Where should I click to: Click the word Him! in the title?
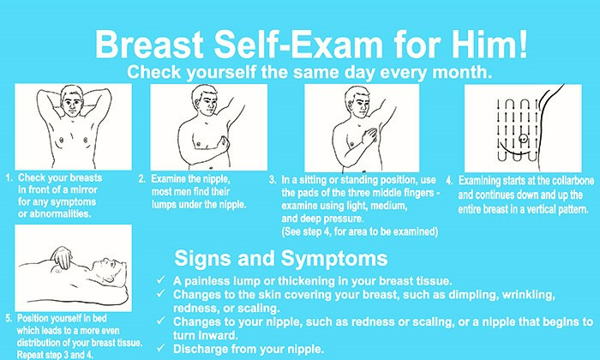click(x=489, y=45)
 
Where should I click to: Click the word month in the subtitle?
click(x=459, y=72)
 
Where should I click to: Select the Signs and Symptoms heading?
click(x=281, y=258)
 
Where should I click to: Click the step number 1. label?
click(x=9, y=178)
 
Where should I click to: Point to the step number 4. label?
click(x=449, y=181)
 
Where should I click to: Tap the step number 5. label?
click(x=9, y=318)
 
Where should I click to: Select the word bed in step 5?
click(x=99, y=318)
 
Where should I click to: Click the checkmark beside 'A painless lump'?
click(x=161, y=279)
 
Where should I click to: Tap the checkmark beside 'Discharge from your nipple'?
click(x=161, y=348)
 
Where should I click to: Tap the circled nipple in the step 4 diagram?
click(x=523, y=138)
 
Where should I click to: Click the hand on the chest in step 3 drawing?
click(x=369, y=136)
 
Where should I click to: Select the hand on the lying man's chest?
click(x=62, y=256)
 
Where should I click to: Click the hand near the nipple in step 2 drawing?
click(x=222, y=147)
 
